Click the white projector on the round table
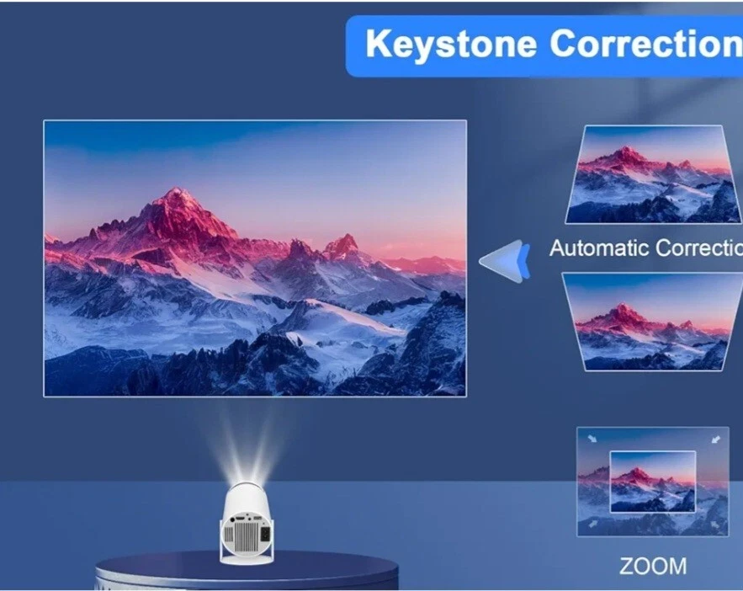pos(249,518)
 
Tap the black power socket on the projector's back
pos(267,531)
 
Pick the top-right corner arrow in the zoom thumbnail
pos(716,438)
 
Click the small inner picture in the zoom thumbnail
pos(652,481)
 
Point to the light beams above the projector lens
pos(250,446)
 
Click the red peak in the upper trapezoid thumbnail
pos(624,155)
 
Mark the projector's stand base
pos(249,556)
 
